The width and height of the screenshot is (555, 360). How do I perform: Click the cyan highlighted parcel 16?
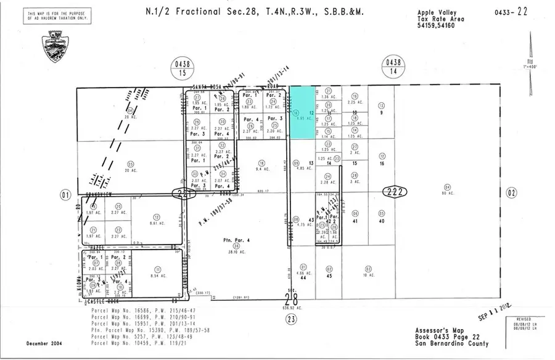pos(302,112)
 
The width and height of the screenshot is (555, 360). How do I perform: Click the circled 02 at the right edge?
pos(510,193)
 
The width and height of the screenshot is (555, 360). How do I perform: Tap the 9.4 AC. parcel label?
pos(261,168)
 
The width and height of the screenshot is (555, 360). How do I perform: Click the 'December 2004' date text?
pos(46,343)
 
